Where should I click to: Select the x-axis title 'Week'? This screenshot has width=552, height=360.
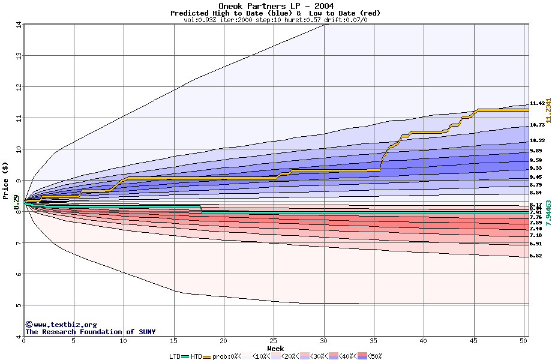(x=275, y=348)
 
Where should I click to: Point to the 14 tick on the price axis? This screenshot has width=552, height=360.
(x=19, y=25)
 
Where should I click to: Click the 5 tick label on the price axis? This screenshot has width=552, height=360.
(x=19, y=305)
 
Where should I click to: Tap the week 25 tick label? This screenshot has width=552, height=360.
(x=274, y=341)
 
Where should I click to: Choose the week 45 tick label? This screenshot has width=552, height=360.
(x=473, y=341)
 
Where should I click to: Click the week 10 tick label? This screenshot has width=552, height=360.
(x=124, y=341)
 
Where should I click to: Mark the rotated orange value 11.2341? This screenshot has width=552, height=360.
(x=548, y=103)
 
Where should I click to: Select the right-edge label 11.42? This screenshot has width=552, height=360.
(x=537, y=103)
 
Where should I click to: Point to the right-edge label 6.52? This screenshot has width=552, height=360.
(x=536, y=256)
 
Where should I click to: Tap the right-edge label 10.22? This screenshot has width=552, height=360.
(x=537, y=140)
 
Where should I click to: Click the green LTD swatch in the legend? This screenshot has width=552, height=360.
(x=185, y=356)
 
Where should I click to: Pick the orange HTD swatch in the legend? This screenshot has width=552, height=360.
(x=208, y=356)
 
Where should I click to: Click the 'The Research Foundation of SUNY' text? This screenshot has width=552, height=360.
(x=90, y=332)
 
